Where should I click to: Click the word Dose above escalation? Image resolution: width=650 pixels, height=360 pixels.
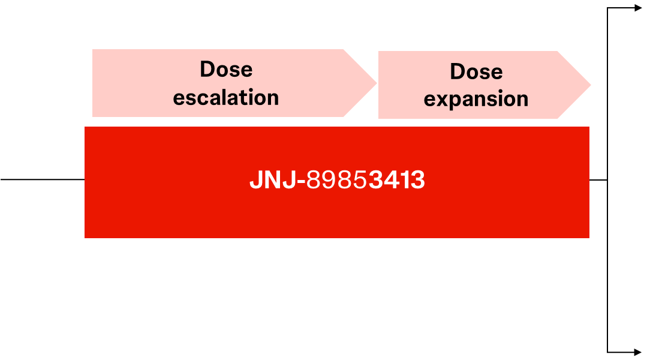(x=226, y=69)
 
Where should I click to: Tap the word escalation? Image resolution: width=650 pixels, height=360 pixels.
(x=226, y=97)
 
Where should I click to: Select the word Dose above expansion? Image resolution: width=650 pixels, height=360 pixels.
(x=476, y=71)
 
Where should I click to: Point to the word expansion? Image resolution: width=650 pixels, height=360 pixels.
(x=476, y=100)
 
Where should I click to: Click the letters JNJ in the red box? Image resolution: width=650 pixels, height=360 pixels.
(x=273, y=180)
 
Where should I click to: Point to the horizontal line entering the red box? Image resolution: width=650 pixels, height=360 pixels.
(x=43, y=179)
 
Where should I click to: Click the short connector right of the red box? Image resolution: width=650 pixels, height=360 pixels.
(x=598, y=180)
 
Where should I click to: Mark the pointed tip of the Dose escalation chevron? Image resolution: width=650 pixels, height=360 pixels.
(x=377, y=83)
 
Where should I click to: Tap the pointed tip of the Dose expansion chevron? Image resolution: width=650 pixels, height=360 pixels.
(x=591, y=85)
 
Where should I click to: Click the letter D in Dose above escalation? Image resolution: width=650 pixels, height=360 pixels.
(x=207, y=69)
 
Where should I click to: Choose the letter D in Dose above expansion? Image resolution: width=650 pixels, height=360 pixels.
(x=458, y=71)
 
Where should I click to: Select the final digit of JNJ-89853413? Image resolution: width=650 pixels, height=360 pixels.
(x=418, y=180)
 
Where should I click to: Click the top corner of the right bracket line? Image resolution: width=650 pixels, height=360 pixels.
(x=607, y=8)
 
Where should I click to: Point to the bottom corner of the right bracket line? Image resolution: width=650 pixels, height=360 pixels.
(x=607, y=353)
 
